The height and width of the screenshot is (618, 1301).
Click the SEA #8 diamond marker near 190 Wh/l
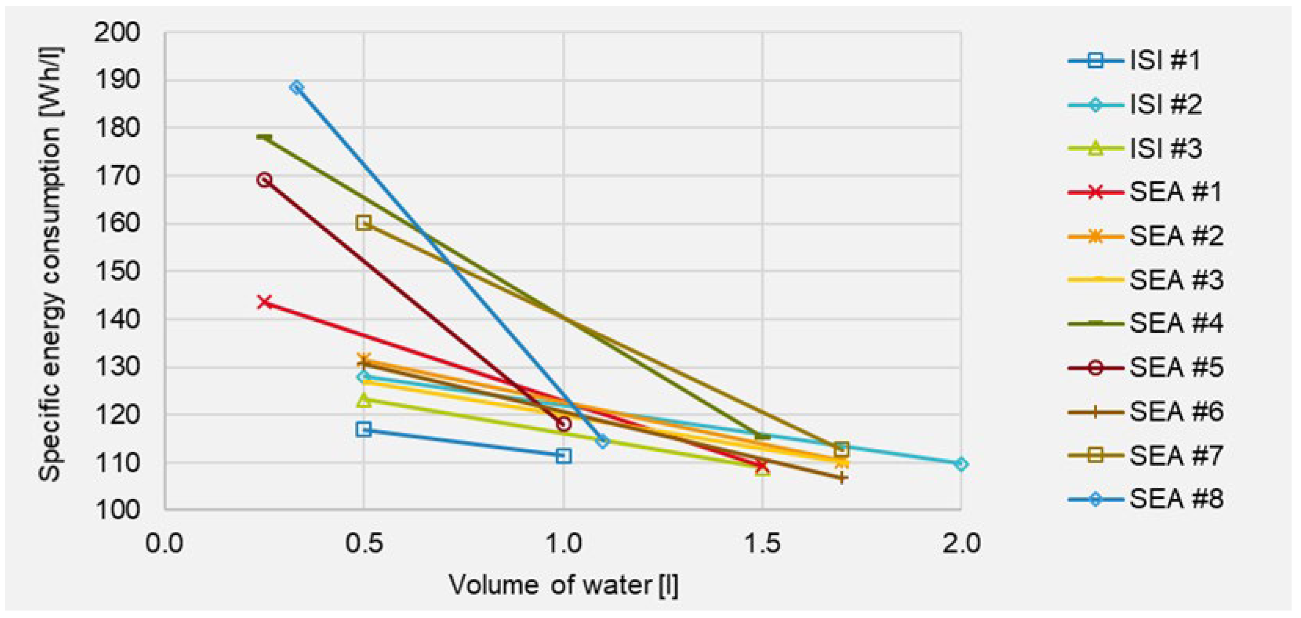[x=297, y=88]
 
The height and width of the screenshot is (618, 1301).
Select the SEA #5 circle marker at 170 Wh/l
[x=264, y=180]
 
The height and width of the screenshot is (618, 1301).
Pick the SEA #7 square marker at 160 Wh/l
[x=363, y=222]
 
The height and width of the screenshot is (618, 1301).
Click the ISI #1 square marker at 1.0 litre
[x=563, y=456]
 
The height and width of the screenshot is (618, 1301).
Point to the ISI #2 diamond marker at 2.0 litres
[x=961, y=464]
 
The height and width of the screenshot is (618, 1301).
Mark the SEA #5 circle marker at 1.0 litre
[x=563, y=424]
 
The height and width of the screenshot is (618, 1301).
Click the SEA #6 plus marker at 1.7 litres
[x=841, y=478]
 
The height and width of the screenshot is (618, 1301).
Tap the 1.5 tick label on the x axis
[x=763, y=544]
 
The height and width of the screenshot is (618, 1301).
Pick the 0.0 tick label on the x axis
[x=165, y=544]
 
